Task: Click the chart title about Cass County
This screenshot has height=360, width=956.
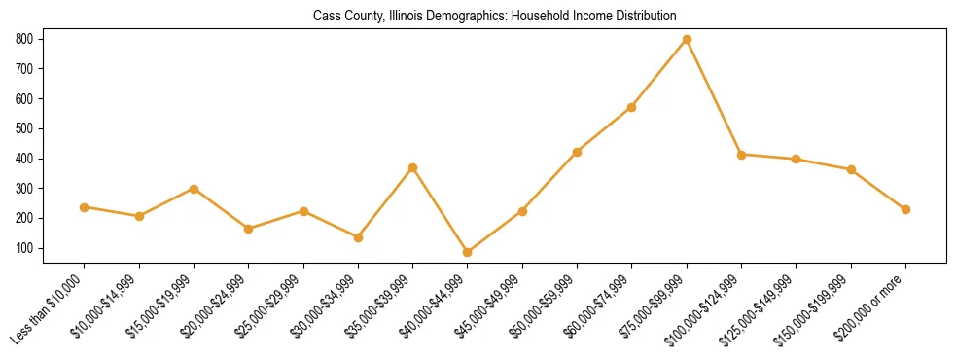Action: click(494, 17)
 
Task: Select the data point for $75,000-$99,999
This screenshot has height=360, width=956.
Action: click(687, 39)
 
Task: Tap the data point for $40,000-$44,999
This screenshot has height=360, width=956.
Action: click(468, 252)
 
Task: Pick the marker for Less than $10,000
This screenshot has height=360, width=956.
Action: click(85, 207)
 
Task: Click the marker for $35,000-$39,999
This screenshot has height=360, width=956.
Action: click(413, 167)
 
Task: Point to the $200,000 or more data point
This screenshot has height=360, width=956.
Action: click(905, 209)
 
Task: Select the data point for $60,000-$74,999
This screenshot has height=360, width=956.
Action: click(632, 107)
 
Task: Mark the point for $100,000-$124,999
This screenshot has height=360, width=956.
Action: click(741, 155)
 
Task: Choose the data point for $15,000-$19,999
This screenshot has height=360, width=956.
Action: click(195, 189)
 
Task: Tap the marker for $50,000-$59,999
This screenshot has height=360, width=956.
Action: click(578, 152)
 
